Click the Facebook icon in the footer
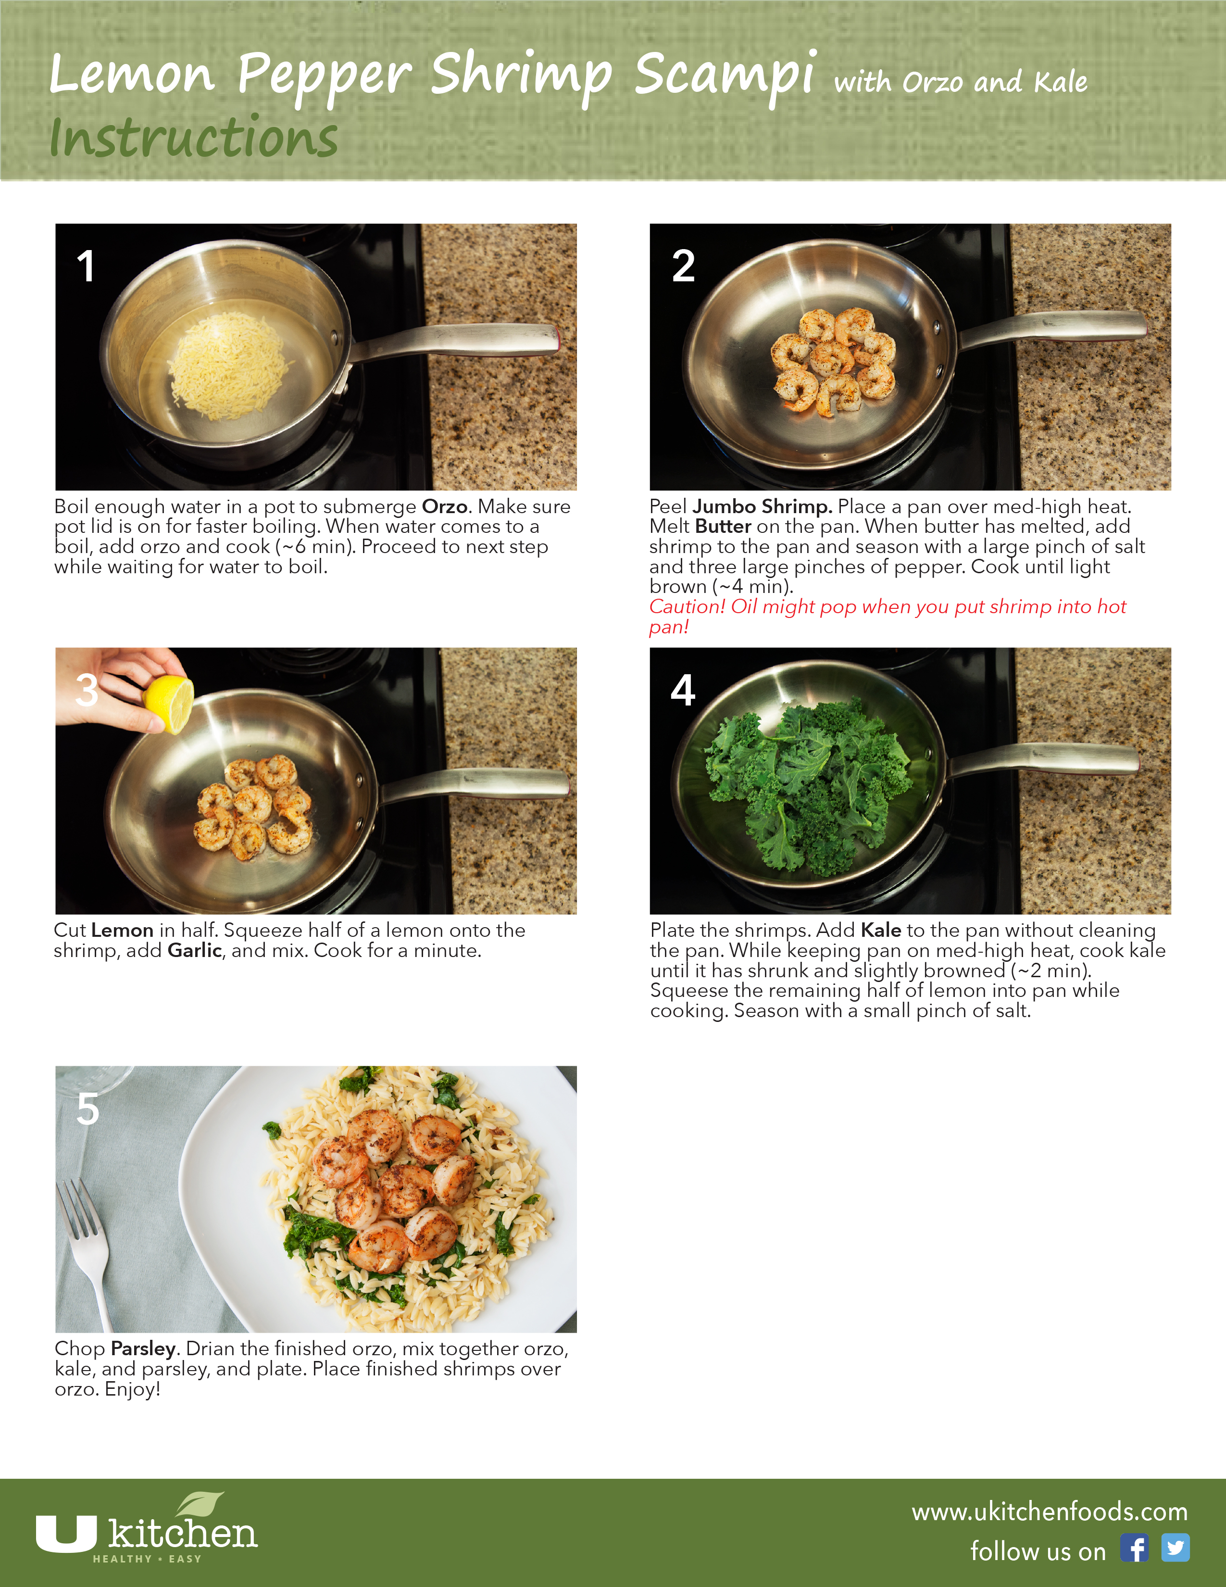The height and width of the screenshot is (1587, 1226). tap(1134, 1548)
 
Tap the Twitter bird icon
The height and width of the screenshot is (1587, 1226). tap(1175, 1548)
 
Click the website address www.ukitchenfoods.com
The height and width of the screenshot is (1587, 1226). tap(1050, 1512)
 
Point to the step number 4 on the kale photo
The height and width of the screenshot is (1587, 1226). tap(683, 690)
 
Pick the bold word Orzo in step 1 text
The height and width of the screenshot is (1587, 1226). tap(445, 506)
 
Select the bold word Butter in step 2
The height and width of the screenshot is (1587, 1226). tap(723, 526)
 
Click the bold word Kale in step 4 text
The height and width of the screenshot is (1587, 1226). tap(881, 930)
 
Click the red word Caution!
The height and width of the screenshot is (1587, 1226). tap(687, 607)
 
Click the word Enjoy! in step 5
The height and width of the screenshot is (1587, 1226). tap(132, 1389)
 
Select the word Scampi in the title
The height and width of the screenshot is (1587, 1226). tap(726, 75)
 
